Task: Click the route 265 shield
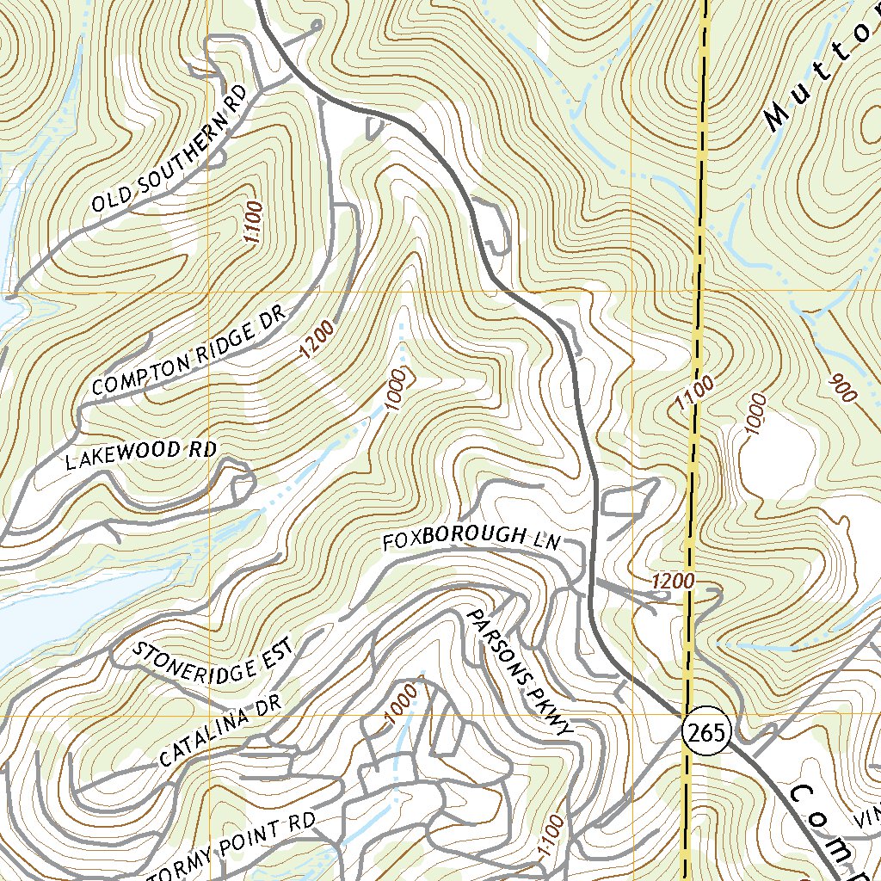tap(707, 732)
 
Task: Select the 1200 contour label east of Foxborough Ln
tap(673, 582)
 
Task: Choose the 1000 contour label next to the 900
tap(755, 415)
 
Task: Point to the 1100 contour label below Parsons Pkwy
tap(551, 838)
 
